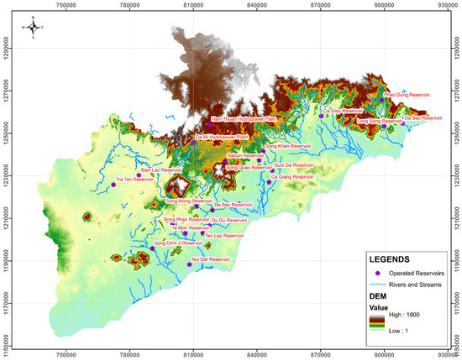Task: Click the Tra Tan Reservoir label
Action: tap(133, 180)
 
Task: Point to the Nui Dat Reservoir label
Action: tap(211, 259)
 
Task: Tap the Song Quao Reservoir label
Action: tap(249, 167)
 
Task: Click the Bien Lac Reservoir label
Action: tap(160, 170)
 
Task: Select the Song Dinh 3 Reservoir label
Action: tap(178, 243)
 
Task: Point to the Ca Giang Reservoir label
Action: tap(291, 177)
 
